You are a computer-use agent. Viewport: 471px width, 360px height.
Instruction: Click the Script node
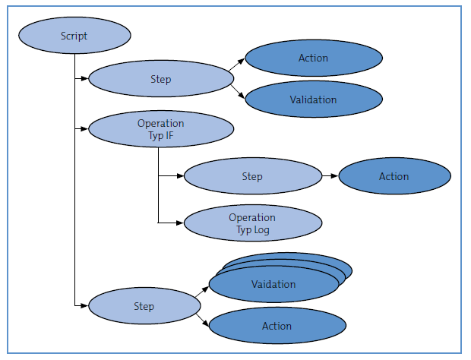74,36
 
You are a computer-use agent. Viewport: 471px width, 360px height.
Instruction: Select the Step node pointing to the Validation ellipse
161,79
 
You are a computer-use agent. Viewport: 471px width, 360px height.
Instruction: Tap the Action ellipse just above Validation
314,58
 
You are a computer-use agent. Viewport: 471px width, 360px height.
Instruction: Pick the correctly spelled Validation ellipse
314,99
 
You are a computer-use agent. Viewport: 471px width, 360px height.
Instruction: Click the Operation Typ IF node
161,129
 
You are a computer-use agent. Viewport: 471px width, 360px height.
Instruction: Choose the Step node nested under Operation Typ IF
253,176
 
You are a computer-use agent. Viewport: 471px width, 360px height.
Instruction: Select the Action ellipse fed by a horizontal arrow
395,176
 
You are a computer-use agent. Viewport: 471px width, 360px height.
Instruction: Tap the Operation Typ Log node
253,223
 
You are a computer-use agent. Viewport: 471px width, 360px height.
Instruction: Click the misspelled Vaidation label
273,284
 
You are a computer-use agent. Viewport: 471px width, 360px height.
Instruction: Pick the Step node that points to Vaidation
144,305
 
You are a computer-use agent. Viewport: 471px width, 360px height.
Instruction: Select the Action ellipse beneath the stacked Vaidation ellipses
277,326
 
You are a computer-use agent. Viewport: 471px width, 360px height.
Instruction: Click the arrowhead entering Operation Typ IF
85,129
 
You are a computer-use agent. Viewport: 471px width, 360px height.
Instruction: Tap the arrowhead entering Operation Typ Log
180,223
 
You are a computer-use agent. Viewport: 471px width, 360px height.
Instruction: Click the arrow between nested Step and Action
330,175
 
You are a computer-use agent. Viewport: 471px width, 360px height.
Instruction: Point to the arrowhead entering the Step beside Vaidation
85,305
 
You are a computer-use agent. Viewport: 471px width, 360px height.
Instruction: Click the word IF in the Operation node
169,135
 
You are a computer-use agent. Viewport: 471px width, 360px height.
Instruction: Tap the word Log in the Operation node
261,230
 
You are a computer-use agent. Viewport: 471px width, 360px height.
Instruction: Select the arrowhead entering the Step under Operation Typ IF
180,175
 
